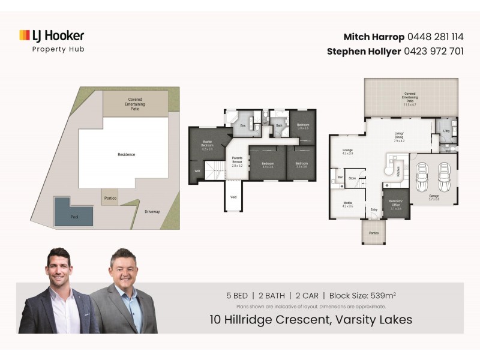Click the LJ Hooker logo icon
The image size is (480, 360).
(25, 35)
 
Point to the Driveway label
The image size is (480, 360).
(152, 212)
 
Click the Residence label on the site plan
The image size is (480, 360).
(126, 155)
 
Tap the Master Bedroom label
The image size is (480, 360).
(208, 145)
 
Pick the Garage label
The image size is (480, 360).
(433, 197)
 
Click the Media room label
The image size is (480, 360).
(347, 205)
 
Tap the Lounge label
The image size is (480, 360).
(347, 151)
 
